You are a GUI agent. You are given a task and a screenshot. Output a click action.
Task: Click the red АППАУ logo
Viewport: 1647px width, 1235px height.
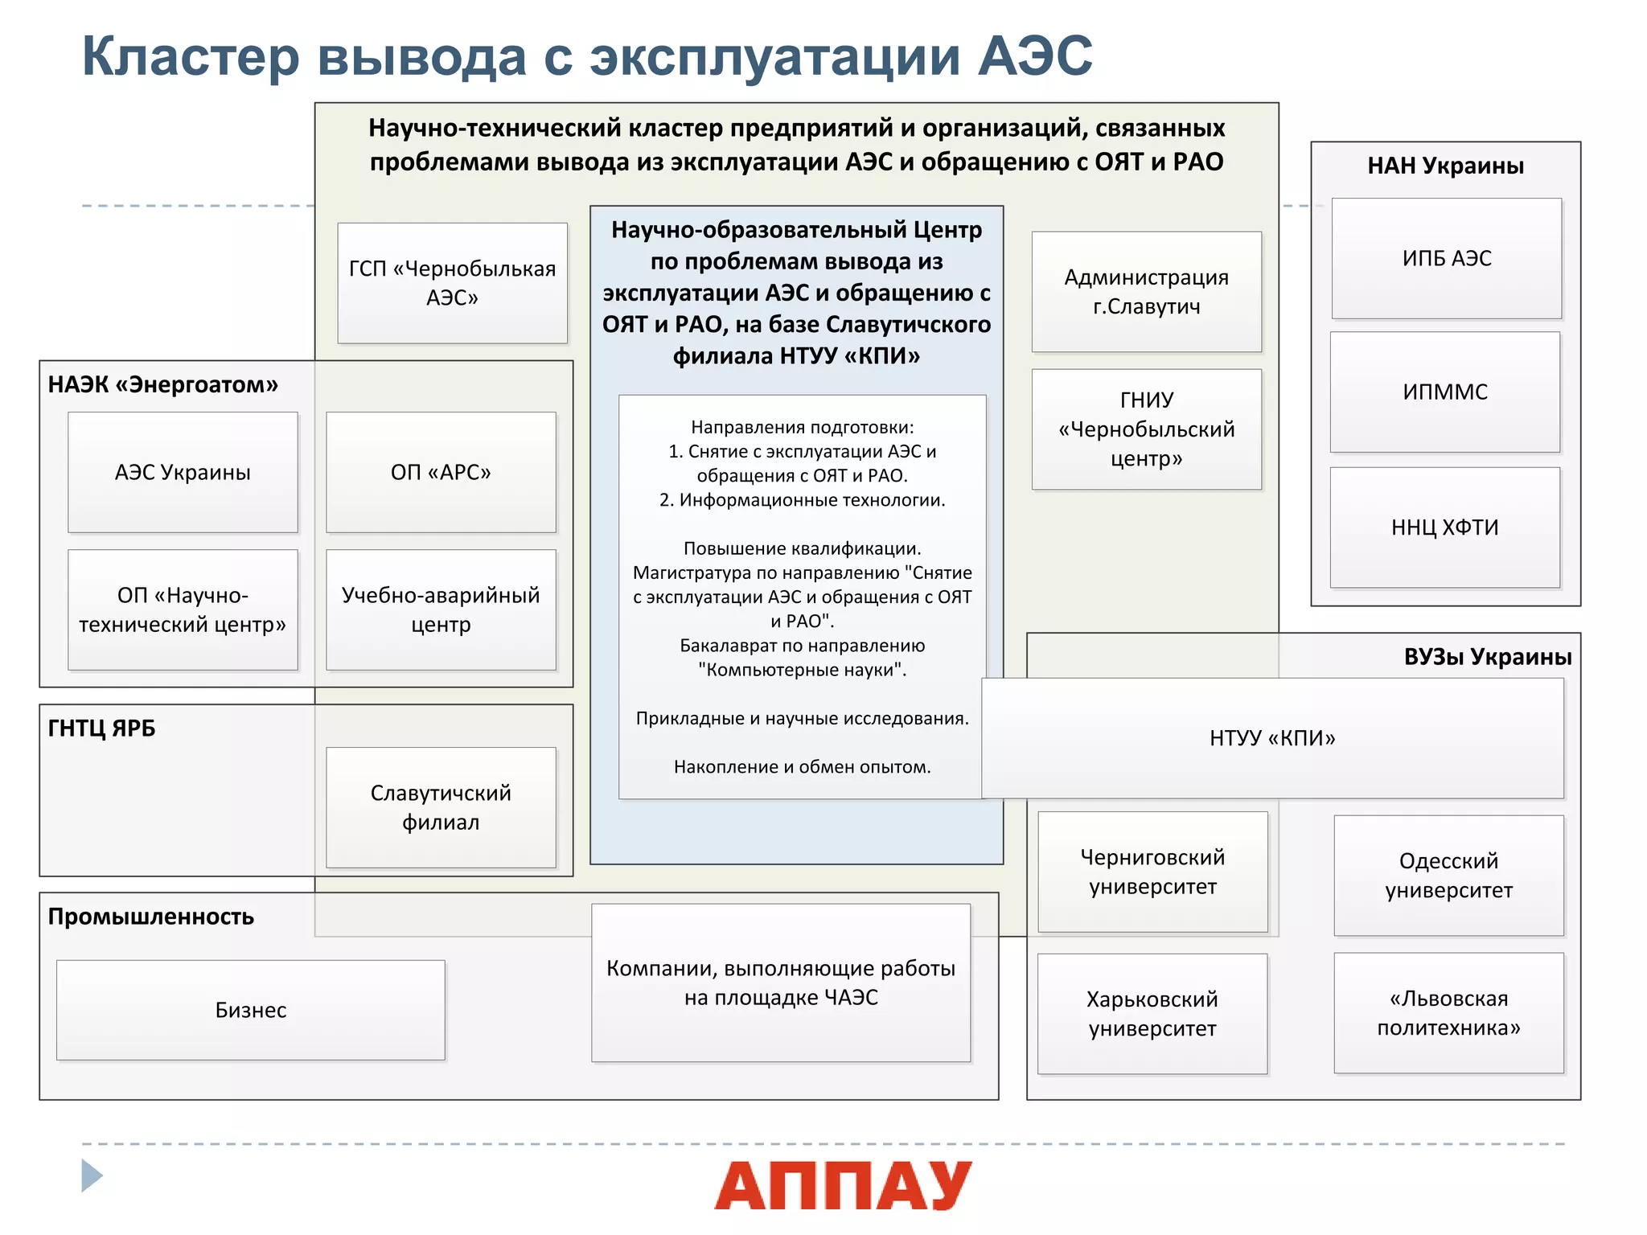click(843, 1185)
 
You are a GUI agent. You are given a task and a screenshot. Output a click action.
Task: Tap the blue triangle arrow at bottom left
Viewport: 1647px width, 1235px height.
click(92, 1176)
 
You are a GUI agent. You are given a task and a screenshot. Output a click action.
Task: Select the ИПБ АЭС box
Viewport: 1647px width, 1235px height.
click(1446, 258)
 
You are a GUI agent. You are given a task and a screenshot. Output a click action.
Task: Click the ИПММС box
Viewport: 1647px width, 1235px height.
click(1444, 392)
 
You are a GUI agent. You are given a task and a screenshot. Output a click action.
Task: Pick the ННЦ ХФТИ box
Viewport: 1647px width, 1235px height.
click(1444, 527)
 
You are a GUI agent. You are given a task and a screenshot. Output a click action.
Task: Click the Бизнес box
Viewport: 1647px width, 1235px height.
click(250, 1010)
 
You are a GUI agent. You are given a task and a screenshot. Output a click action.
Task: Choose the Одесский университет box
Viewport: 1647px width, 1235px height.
click(1448, 876)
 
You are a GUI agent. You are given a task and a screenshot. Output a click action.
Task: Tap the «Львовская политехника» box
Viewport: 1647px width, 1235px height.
click(1448, 1013)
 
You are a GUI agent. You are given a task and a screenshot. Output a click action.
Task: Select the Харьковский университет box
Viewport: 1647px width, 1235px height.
click(1152, 1014)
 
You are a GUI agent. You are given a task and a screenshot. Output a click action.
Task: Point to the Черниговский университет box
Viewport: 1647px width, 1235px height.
click(1152, 872)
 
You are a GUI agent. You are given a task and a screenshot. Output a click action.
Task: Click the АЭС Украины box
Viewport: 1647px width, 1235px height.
click(183, 472)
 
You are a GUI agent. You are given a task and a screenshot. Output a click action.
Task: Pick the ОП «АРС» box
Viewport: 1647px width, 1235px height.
click(441, 472)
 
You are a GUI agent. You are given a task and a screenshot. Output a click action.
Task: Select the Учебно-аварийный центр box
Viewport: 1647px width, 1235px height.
click(441, 609)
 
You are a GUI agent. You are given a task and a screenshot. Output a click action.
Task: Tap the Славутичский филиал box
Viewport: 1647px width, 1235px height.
click(441, 807)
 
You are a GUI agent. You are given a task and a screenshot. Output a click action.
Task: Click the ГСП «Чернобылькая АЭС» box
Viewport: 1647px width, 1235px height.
click(452, 283)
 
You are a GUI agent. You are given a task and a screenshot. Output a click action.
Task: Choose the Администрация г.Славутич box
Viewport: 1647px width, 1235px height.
click(1146, 292)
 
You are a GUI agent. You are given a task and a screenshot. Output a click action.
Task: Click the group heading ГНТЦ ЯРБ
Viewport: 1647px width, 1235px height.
click(101, 728)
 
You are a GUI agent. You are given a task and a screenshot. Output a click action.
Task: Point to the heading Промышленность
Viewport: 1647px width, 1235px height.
click(150, 917)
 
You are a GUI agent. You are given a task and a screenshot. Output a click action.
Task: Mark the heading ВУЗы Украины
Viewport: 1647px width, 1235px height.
click(1487, 657)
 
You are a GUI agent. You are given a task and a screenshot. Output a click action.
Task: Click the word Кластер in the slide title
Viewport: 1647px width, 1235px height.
click(191, 56)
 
